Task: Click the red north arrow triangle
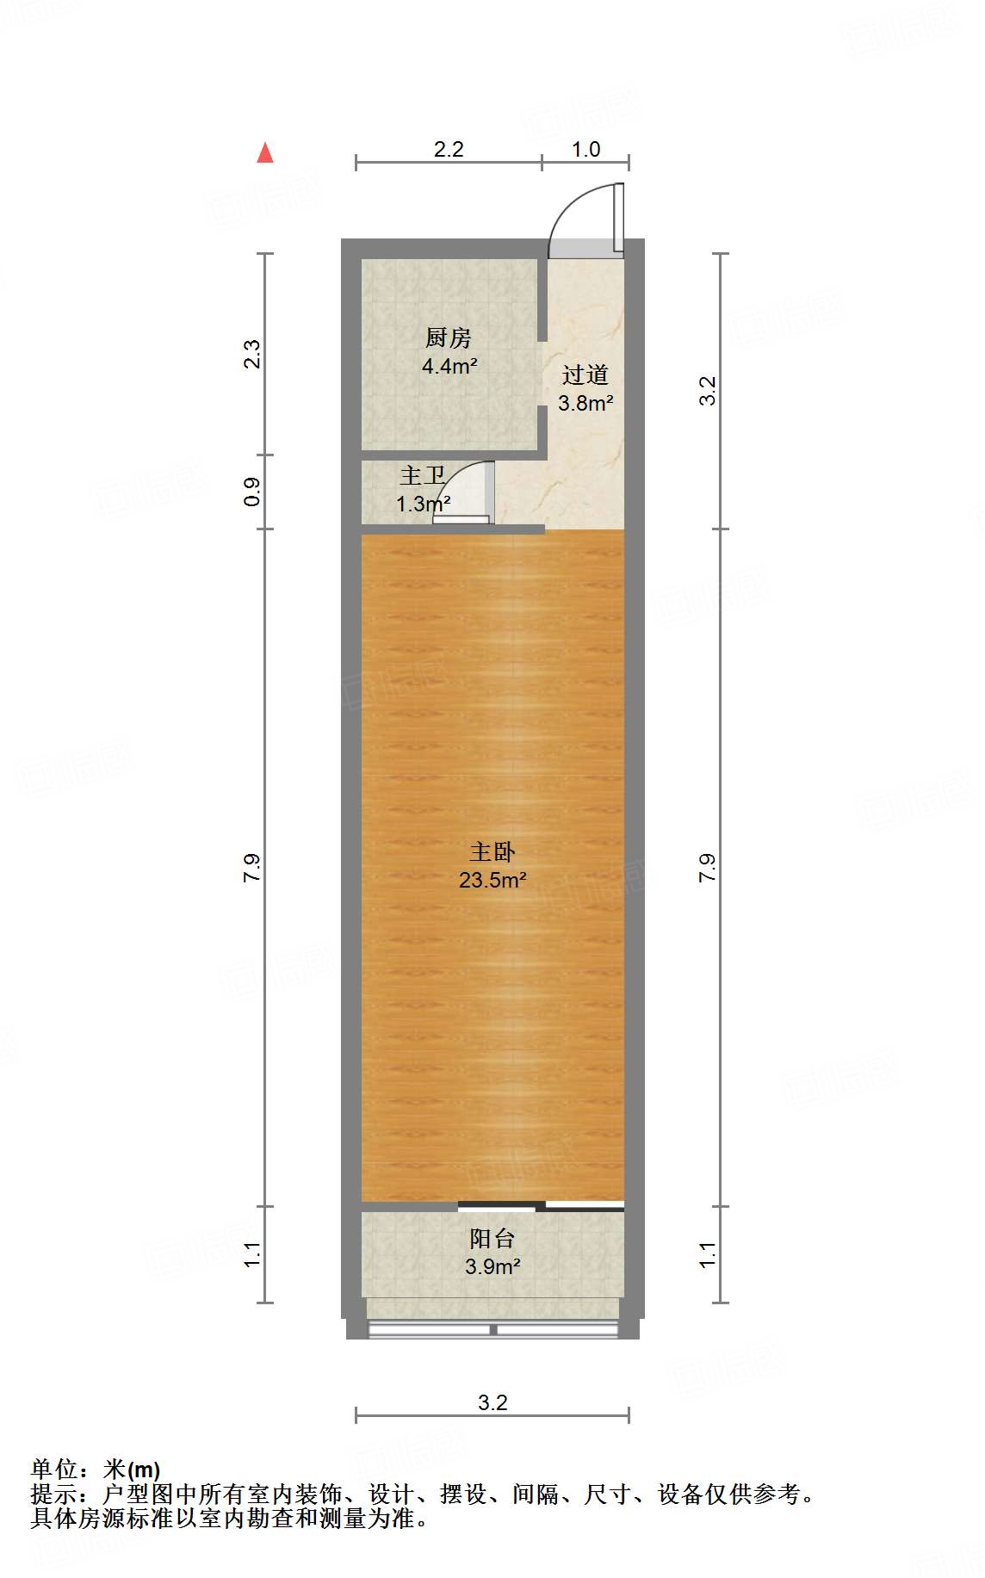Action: (265, 153)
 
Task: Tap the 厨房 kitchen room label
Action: (449, 338)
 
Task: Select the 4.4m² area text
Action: (449, 367)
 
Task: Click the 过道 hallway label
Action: (585, 374)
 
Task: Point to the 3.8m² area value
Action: (585, 403)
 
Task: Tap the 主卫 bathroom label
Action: (422, 476)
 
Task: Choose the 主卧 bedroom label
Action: (492, 852)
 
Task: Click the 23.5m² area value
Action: (492, 881)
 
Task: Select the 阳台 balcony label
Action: (492, 1239)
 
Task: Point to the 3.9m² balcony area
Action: (492, 1267)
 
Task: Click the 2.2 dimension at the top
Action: (449, 150)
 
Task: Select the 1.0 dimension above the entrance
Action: (585, 150)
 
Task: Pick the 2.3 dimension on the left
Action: (251, 355)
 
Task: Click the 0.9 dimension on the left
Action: (251, 492)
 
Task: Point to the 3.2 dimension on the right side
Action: (708, 391)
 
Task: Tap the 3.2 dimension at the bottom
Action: (492, 1403)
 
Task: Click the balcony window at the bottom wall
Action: (492, 1330)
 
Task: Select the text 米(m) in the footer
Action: (132, 1470)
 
